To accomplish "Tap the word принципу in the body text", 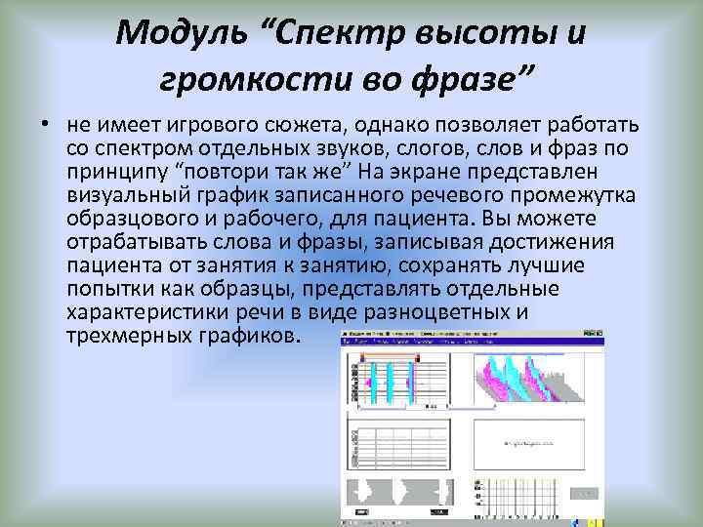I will coord(118,171).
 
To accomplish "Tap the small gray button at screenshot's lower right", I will coord(583,494).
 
